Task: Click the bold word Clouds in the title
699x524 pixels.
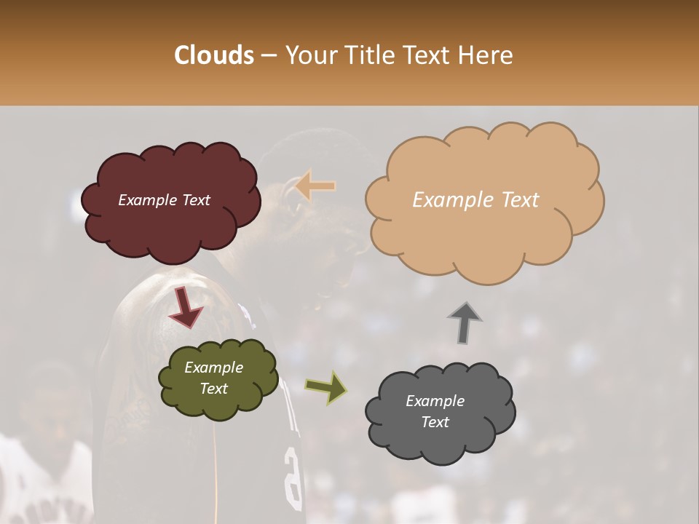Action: (x=214, y=55)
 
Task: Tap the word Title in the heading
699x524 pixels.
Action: (x=368, y=55)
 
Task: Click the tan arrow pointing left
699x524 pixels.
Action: (x=316, y=186)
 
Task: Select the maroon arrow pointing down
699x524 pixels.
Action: (x=186, y=307)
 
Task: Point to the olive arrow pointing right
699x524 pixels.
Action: (x=326, y=387)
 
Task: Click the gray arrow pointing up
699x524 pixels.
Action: (x=465, y=322)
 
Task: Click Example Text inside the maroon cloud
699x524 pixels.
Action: (x=164, y=200)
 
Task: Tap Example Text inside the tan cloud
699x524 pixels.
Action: (x=475, y=200)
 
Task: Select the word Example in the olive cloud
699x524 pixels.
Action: (x=213, y=368)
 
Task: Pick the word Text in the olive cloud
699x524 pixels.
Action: (x=213, y=389)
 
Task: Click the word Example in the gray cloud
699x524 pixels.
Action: (x=435, y=401)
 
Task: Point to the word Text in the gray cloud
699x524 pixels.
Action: (x=435, y=422)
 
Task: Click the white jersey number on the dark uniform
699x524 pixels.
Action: (x=293, y=477)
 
